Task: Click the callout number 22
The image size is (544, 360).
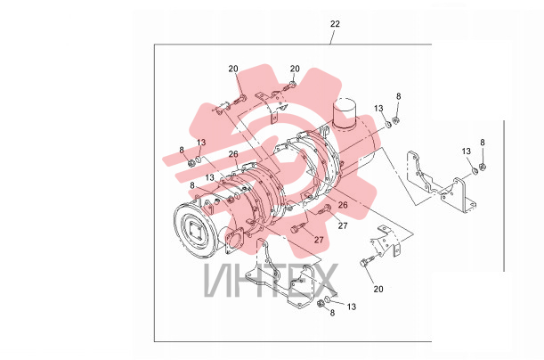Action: click(x=335, y=24)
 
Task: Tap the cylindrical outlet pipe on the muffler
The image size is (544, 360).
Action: click(x=345, y=113)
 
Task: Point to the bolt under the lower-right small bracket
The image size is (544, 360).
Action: click(x=367, y=261)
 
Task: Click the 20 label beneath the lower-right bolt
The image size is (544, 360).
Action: click(x=378, y=289)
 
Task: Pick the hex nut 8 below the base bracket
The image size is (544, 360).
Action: click(x=321, y=304)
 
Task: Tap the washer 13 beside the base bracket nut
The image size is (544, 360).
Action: click(x=328, y=299)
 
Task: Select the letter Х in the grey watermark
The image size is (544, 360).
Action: click(x=323, y=281)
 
